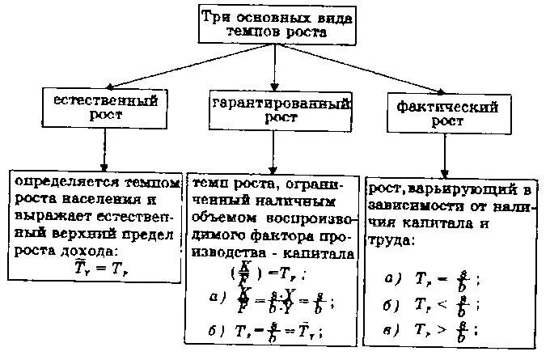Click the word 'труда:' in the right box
(392, 241)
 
